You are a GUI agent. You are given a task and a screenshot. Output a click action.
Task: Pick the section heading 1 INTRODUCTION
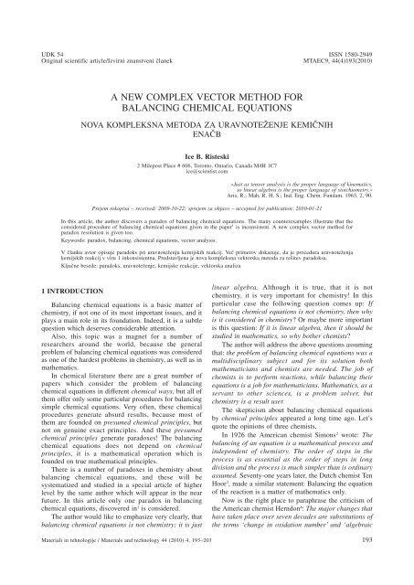pyautogui.click(x=66, y=314)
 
